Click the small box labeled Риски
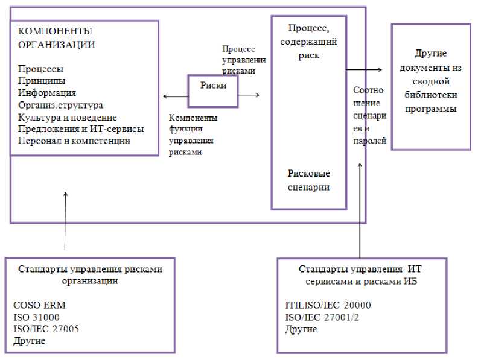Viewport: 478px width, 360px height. point(213,86)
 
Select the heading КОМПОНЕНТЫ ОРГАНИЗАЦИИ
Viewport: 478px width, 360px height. point(56,37)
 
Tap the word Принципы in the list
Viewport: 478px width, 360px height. point(42,80)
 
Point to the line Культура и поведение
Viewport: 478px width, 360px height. point(67,117)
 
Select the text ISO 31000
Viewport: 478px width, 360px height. point(36,317)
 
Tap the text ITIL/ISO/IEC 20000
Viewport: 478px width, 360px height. point(328,305)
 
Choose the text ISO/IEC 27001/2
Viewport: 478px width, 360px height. point(320,317)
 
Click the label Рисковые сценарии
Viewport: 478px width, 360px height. point(308,180)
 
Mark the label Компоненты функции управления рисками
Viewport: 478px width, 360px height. point(193,135)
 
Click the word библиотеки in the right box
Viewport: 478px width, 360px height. point(430,95)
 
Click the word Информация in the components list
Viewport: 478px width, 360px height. point(47,92)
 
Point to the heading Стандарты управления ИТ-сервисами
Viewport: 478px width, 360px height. point(362,273)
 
